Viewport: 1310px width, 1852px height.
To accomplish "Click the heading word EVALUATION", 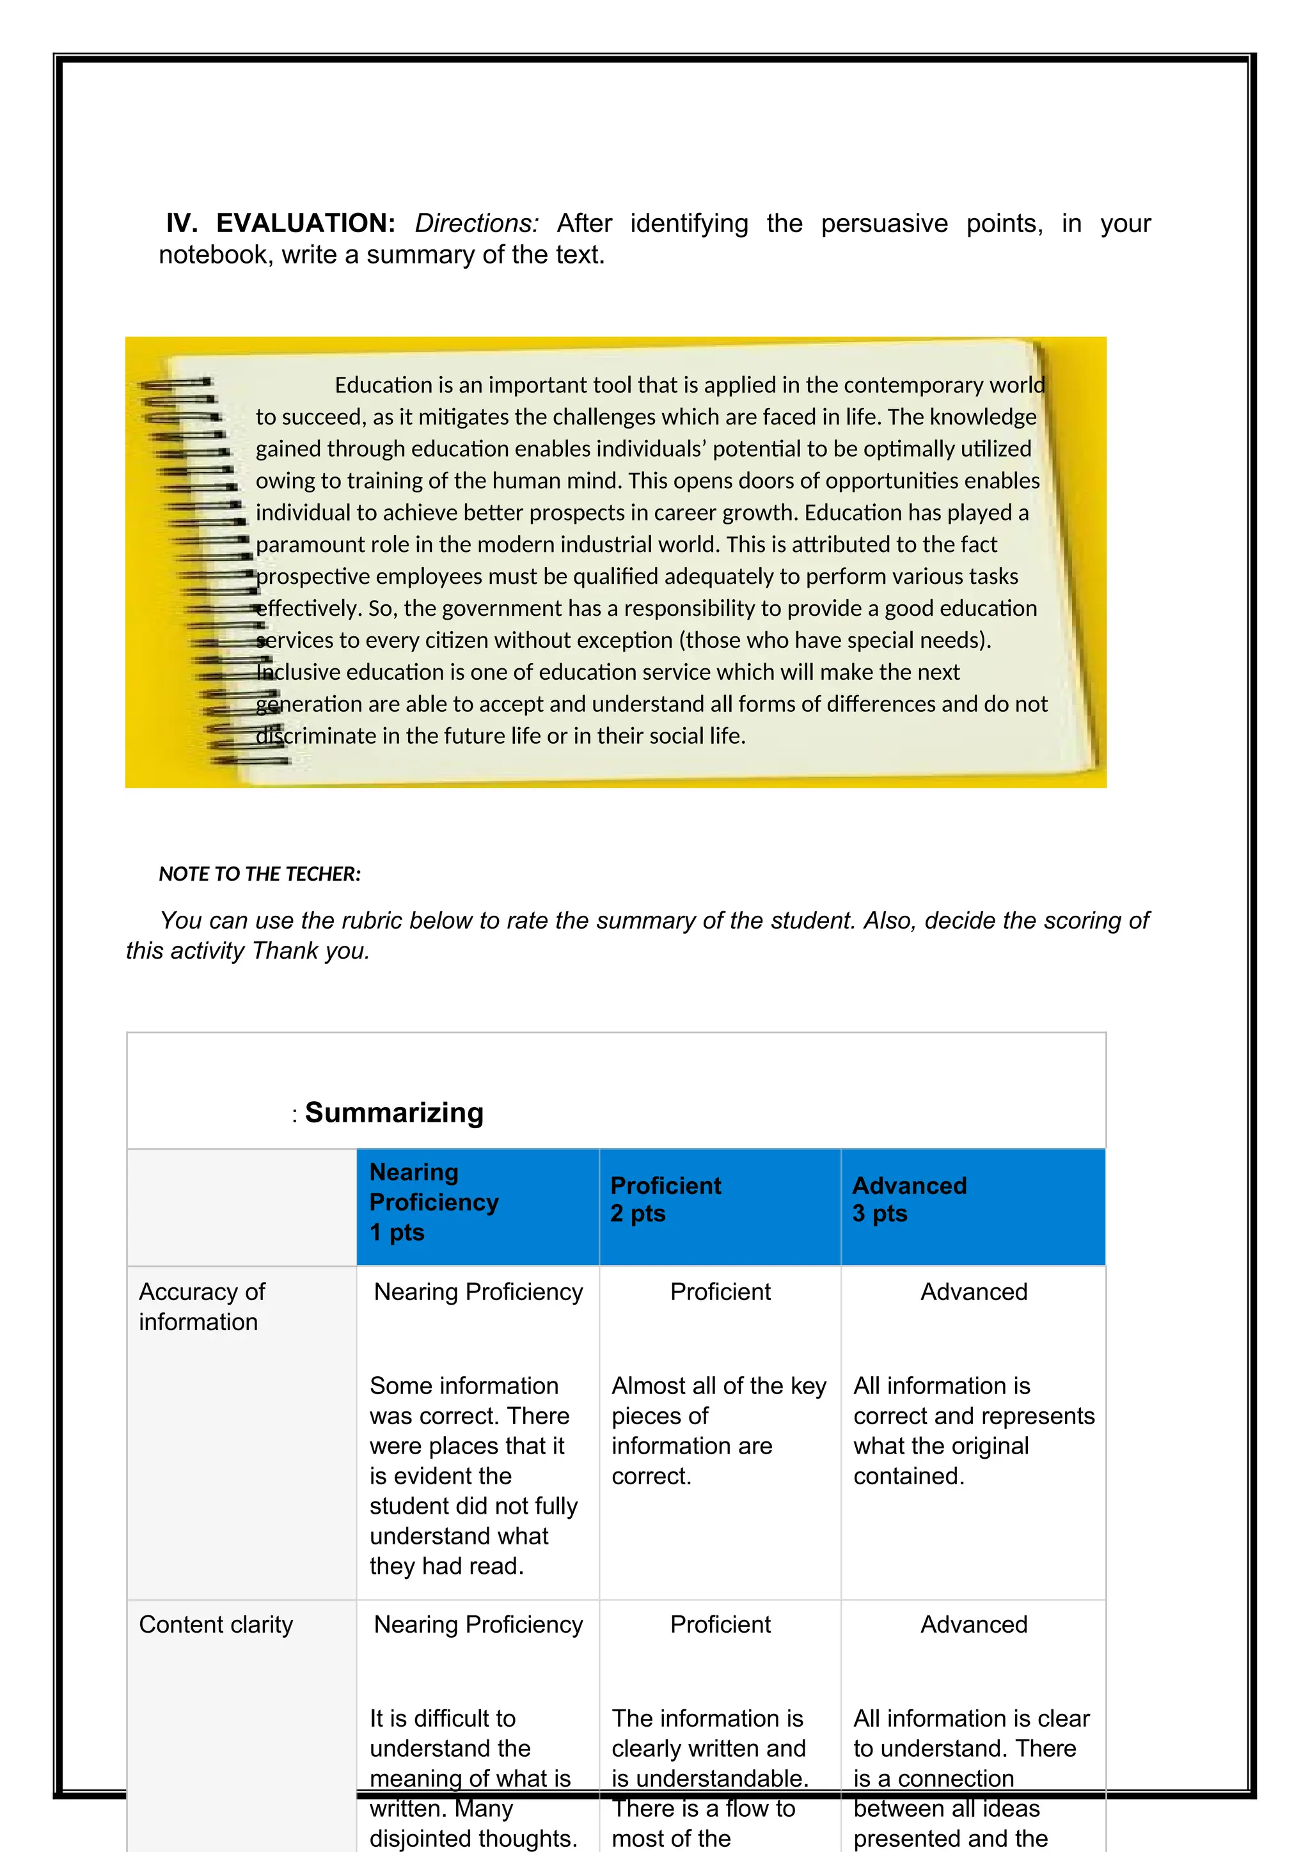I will pyautogui.click(x=305, y=223).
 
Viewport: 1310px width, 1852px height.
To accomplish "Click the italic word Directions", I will pyautogui.click(x=476, y=223).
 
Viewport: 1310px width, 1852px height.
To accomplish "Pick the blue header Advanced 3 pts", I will pyautogui.click(x=909, y=1200).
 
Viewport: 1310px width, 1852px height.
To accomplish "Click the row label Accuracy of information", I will pyautogui.click(x=201, y=1307).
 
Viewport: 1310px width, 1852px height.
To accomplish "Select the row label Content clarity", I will pyautogui.click(x=216, y=1624).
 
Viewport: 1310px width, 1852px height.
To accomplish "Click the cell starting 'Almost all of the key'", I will pyautogui.click(x=718, y=1431).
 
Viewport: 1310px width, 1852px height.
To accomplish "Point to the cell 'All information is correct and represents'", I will pyautogui.click(x=973, y=1431).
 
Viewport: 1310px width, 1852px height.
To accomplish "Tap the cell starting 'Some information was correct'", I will pyautogui.click(x=473, y=1476).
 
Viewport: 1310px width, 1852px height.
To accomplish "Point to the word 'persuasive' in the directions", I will pyautogui.click(x=884, y=223).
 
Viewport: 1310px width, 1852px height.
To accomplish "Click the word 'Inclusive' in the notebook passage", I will pyautogui.click(x=297, y=673).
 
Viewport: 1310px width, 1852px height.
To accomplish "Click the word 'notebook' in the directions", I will pyautogui.click(x=216, y=255).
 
